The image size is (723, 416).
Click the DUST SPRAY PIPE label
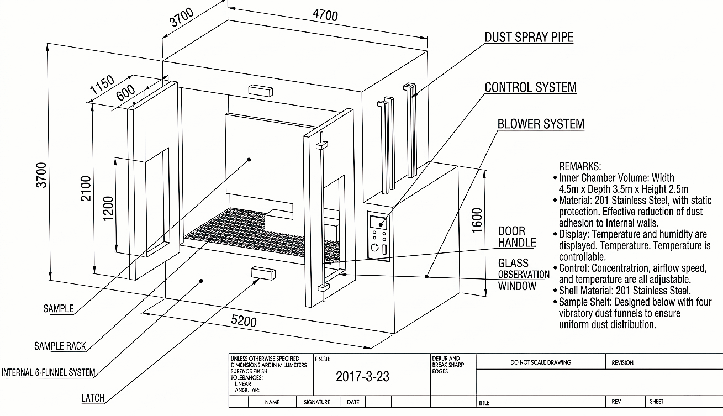click(x=529, y=38)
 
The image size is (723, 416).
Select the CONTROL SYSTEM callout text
click(x=530, y=88)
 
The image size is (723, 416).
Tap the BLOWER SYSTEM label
click(x=541, y=124)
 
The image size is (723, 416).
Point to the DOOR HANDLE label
click(x=517, y=237)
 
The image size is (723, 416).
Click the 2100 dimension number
click(x=86, y=188)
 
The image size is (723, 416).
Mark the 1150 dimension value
click(x=102, y=86)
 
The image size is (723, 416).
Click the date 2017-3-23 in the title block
click(x=362, y=377)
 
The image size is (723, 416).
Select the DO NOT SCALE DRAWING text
click(x=541, y=362)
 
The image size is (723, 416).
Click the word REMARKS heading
click(x=580, y=166)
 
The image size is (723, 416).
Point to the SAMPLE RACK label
click(x=60, y=346)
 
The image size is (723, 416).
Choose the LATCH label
click(x=93, y=398)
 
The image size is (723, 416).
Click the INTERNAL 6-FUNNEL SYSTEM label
click(x=48, y=373)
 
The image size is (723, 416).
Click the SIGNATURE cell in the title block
click(x=317, y=402)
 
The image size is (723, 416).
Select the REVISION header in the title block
click(x=622, y=363)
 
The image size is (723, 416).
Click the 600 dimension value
click(x=126, y=92)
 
